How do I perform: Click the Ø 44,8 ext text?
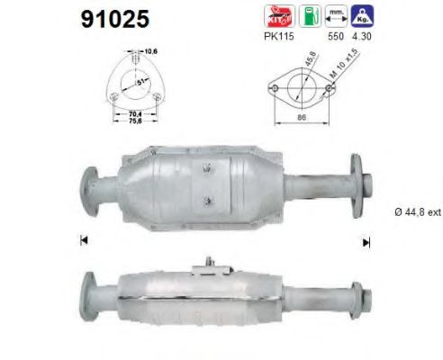coord(416,212)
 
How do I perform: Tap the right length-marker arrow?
coord(366,240)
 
